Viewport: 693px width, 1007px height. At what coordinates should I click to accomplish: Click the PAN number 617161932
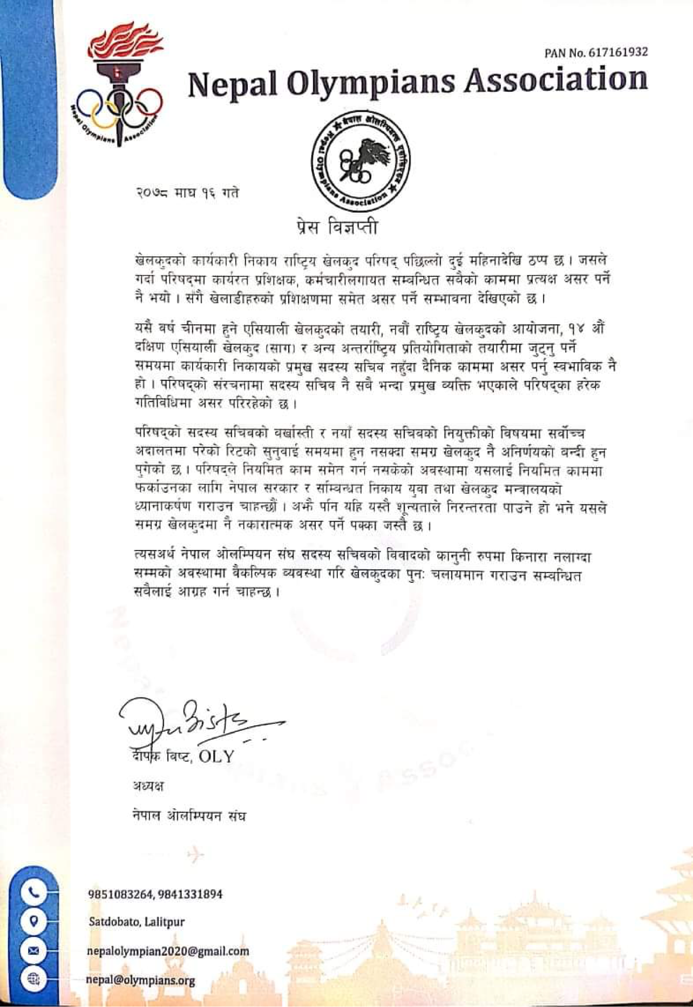coord(618,52)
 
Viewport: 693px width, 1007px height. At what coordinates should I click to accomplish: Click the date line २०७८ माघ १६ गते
coord(186,193)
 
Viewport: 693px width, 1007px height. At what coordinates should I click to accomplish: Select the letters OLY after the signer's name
coord(216,757)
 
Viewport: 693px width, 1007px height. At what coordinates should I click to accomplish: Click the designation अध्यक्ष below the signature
coord(148,786)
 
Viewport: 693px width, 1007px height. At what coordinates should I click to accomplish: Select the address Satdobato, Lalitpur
coord(137,922)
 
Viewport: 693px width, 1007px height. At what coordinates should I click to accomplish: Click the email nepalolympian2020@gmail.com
coord(168,951)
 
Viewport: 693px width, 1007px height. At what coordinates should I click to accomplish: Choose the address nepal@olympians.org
coord(141,980)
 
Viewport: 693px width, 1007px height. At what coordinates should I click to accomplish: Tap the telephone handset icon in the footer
coord(33,893)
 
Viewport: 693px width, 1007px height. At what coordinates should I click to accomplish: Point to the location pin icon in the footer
coord(33,921)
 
